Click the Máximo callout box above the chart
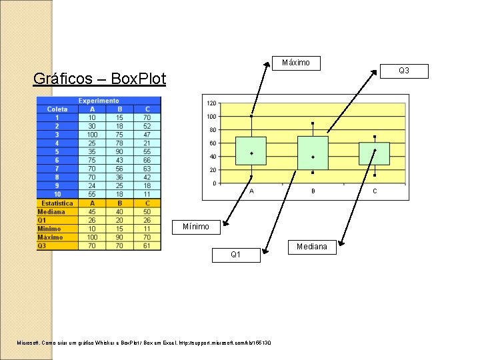pyautogui.click(x=296, y=63)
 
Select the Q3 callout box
pyautogui.click(x=403, y=71)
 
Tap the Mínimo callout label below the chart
pyautogui.click(x=196, y=227)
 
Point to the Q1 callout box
pyautogui.click(x=236, y=255)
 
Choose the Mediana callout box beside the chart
pyautogui.click(x=311, y=247)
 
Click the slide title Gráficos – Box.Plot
pyautogui.click(x=100, y=79)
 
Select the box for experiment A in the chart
pyautogui.click(x=251, y=151)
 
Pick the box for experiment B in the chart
pyautogui.click(x=313, y=153)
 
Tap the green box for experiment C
pyautogui.click(x=374, y=153)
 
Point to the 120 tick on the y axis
pyautogui.click(x=211, y=103)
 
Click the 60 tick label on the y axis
pyautogui.click(x=212, y=143)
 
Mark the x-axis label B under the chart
pyautogui.click(x=313, y=191)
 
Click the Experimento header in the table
pyautogui.click(x=99, y=101)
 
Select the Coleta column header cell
pyautogui.click(x=57, y=109)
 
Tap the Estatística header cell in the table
pyautogui.click(x=57, y=203)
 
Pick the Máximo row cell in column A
pyautogui.click(x=92, y=237)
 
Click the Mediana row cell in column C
pyautogui.click(x=147, y=211)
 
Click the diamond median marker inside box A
pyautogui.click(x=251, y=153)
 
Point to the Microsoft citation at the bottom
pyautogui.click(x=144, y=343)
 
